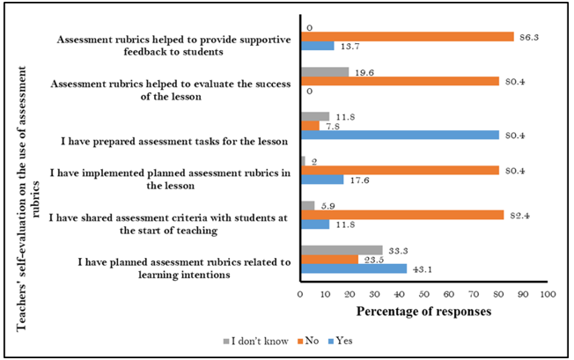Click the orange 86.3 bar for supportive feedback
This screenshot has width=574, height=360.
(408, 37)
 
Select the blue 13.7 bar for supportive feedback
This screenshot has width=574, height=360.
(317, 47)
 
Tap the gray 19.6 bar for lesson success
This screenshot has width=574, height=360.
(325, 72)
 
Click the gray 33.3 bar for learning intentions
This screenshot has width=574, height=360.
(342, 250)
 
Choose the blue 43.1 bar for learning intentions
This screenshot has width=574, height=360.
(354, 268)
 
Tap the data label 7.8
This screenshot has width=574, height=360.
(331, 126)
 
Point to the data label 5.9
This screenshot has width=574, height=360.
(326, 205)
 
